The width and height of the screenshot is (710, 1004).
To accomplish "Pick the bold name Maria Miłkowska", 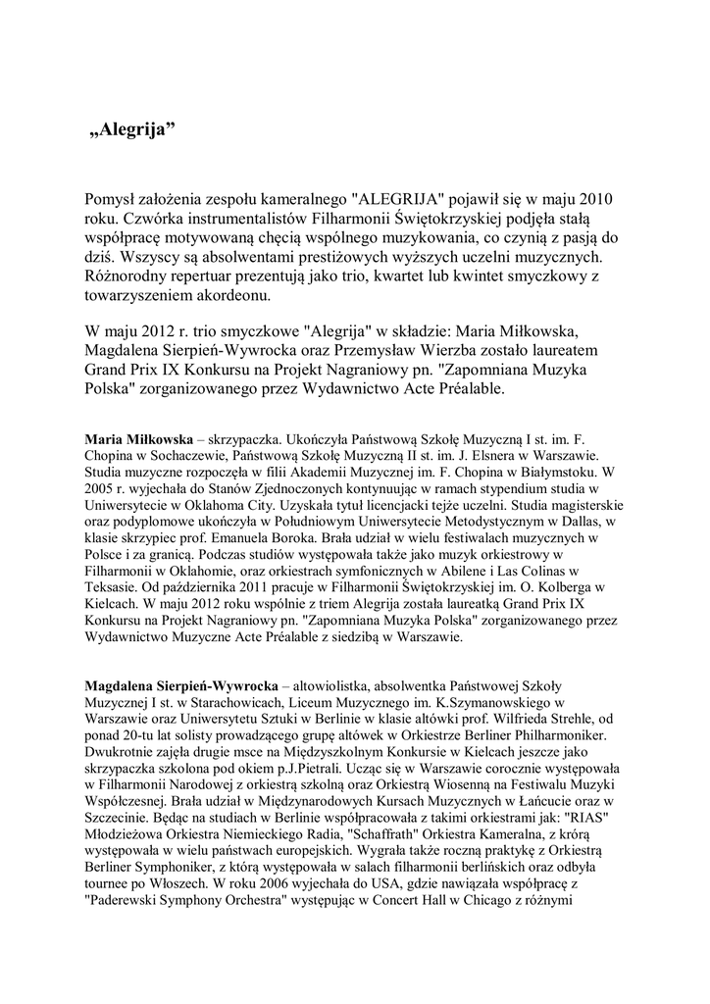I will coord(139,439).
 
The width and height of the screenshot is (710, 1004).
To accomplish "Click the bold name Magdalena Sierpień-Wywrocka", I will coord(182,685).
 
